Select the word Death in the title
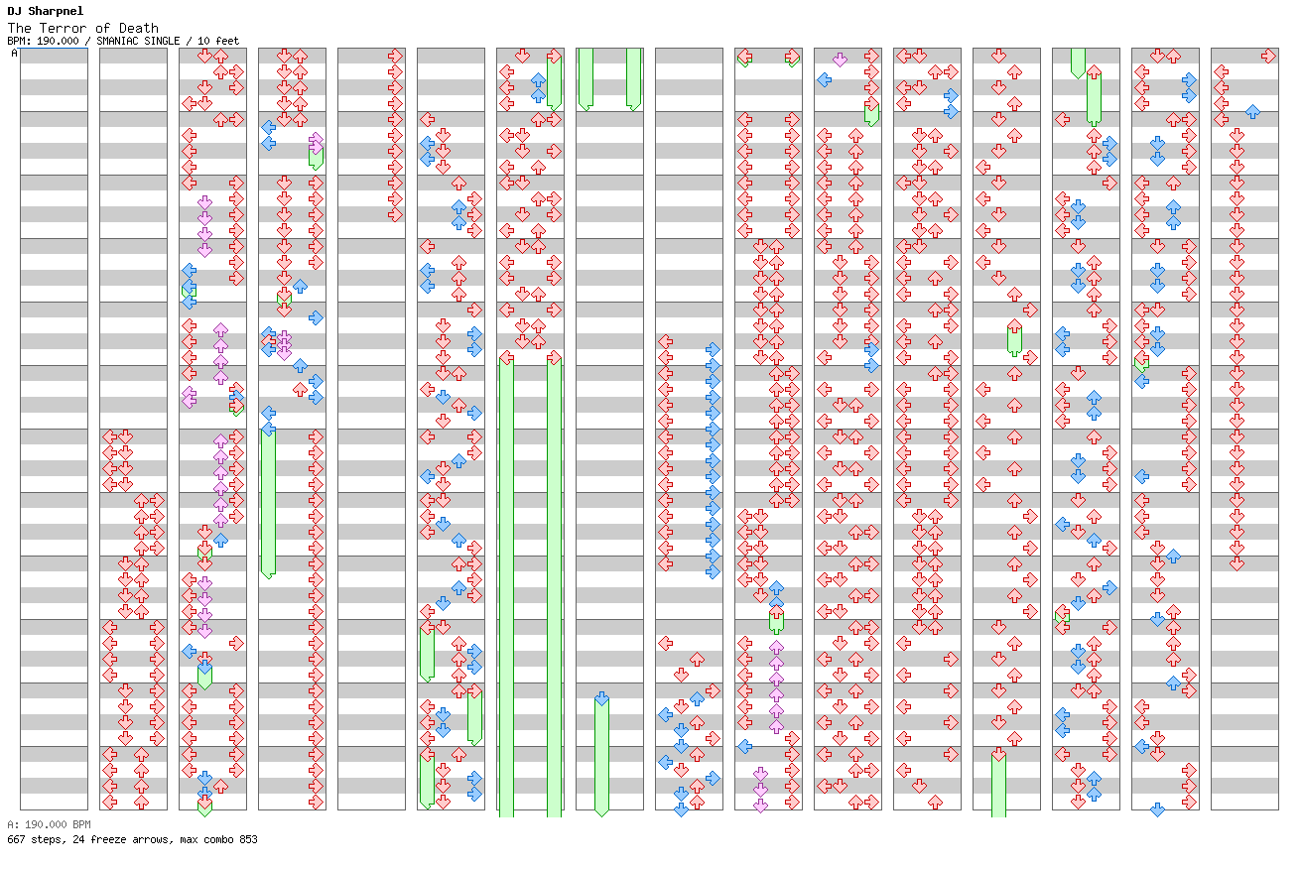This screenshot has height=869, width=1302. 138,28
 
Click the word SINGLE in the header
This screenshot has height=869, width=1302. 161,41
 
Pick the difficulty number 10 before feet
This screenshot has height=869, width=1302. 203,41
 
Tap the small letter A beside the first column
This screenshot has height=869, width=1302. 14,54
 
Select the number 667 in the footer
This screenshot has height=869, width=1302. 16,839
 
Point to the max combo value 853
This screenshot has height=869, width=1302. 247,839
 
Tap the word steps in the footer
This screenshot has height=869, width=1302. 45,839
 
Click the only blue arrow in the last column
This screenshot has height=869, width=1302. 1252,112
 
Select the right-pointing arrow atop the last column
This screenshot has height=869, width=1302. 1268,57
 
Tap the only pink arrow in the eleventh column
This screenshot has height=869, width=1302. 840,60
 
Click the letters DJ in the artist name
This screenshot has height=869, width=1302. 14,11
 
